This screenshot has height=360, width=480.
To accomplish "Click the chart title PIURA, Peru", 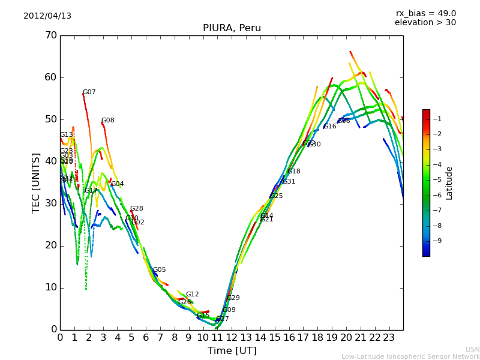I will click(232, 28).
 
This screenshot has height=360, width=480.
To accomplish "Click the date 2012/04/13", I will click(47, 16).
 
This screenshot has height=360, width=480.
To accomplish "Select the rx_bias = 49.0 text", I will click(425, 13).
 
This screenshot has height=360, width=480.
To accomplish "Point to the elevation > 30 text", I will click(425, 23).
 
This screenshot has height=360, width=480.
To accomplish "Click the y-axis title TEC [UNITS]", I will click(35, 182).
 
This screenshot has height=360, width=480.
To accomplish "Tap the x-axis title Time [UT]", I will click(232, 351).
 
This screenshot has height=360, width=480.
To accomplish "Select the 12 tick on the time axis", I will click(232, 338).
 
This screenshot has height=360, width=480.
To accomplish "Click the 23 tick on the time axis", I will click(389, 338).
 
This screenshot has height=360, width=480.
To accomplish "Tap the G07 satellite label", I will click(89, 92).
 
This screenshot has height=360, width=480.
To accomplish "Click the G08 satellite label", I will click(107, 121).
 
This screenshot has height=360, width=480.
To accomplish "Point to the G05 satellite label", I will click(159, 270).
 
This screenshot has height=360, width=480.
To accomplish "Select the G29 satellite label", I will click(233, 298).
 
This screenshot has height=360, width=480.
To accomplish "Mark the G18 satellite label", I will click(294, 172).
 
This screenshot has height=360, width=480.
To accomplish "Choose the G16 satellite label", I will click(330, 127).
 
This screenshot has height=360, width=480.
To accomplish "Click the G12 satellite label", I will click(192, 295).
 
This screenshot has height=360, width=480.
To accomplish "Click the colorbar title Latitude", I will click(449, 183).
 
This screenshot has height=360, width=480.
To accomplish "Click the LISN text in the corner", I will click(472, 349).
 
